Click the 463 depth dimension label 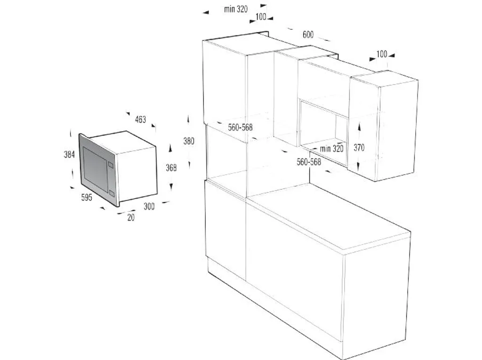(x=140, y=120)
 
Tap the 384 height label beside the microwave (x=70, y=154)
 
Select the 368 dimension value (x=170, y=167)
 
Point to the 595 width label (x=86, y=198)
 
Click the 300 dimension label (x=149, y=206)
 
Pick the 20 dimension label (x=130, y=218)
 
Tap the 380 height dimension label (x=188, y=141)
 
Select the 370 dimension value (x=359, y=147)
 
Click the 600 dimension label (x=308, y=34)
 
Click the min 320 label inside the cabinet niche (x=331, y=149)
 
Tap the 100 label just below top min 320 (x=260, y=17)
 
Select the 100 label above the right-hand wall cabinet (x=382, y=54)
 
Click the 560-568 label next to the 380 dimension (x=241, y=128)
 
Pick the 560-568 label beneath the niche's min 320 (x=309, y=162)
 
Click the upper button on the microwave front (x=111, y=164)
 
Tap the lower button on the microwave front (x=111, y=192)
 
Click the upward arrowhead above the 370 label (x=359, y=127)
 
